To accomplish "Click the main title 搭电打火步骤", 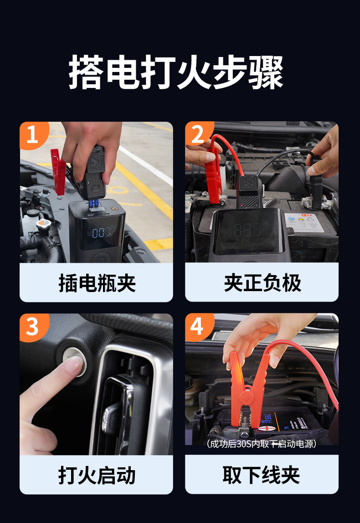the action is [176, 72].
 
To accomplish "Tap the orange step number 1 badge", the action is [33, 134].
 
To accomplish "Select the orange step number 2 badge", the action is [198, 133].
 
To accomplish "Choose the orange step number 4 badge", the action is [198, 326].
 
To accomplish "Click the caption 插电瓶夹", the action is [97, 283].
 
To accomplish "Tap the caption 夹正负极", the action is [262, 283].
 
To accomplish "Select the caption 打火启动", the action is [97, 475].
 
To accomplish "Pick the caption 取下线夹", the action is [261, 475].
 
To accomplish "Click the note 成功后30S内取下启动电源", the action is [261, 444].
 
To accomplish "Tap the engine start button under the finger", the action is [74, 361].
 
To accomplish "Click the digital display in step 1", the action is [102, 232].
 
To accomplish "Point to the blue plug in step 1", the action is [93, 203].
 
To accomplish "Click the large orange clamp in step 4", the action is [247, 390].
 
